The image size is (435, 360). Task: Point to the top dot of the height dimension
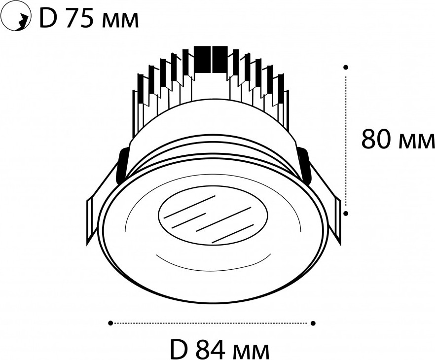pos(346,67)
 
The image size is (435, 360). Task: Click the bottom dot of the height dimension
pos(346,213)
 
